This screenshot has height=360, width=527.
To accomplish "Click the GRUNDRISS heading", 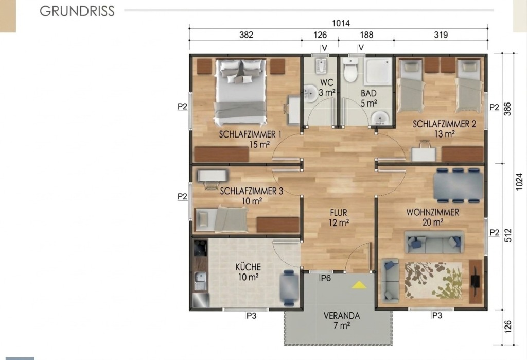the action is coord(77,11).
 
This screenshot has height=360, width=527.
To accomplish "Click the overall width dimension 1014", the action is coord(341,23).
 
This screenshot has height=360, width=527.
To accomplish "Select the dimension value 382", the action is coord(246,35).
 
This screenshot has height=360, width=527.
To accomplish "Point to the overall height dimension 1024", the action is coord(519,182).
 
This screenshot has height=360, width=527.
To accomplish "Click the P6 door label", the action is coord(325,278).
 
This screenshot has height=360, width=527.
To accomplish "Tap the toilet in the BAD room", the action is coord(350,70).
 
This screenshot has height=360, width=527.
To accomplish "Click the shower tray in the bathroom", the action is coord(378,71).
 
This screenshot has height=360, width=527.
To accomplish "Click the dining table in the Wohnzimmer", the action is coord(458,186).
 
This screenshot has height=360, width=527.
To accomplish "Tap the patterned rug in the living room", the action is coord(433,280).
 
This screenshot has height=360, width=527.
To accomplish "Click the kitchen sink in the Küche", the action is coord(200,281).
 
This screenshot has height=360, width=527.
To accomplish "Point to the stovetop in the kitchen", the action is coord(200,248).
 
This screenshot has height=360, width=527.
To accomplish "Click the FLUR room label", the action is coord(339,213).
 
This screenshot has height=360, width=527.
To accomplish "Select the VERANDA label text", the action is coord(342,316).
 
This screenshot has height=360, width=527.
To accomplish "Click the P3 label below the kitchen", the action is coord(251,316).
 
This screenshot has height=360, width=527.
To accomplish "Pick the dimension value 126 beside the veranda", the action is coord(508,327).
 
